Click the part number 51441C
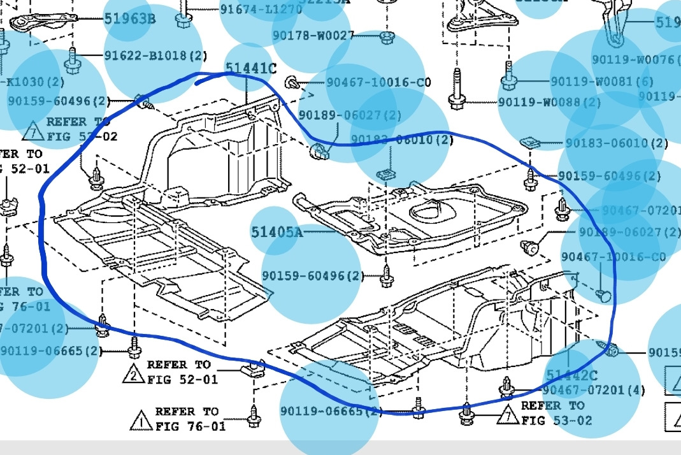251,68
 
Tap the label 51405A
276,232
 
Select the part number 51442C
571,375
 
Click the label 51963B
129,18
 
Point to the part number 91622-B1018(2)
155,55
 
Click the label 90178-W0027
313,36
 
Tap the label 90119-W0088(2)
549,102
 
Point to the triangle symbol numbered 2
133,373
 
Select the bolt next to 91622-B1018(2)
72,61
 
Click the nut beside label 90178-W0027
386,36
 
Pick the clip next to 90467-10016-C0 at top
293,82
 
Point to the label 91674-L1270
261,10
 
